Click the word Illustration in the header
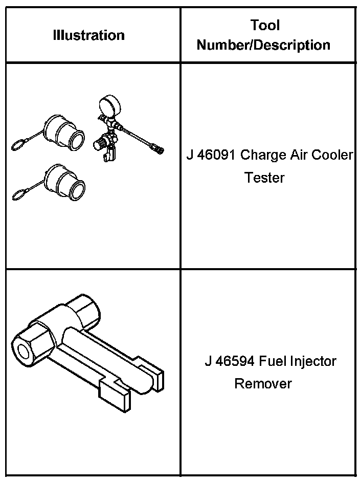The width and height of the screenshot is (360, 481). [88, 35]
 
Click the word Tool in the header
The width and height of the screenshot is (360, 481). [265, 25]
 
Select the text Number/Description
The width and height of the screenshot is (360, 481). [263, 45]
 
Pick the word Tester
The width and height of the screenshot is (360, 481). [264, 178]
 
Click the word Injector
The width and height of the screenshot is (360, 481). [314, 361]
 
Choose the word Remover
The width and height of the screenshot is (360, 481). [263, 383]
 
